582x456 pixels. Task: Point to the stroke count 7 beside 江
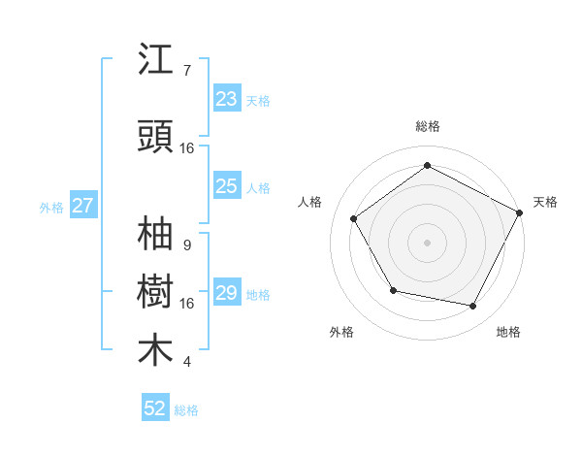pos(186,71)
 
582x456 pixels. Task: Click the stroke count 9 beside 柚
pos(186,245)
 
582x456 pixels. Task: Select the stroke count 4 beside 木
pos(186,362)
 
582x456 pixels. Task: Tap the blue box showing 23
pos(227,99)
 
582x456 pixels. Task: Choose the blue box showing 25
pos(227,186)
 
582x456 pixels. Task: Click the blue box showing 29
pos(227,293)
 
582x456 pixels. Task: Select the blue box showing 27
pos(82,206)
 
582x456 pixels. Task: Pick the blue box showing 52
pos(155,408)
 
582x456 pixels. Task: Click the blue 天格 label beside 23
pos(258,100)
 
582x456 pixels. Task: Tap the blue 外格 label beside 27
pos(51,207)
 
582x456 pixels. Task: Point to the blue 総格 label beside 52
pos(186,410)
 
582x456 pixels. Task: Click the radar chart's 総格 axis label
pos(428,126)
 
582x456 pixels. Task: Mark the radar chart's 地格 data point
pos(473,307)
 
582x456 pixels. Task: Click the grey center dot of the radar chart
pos(427,242)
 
